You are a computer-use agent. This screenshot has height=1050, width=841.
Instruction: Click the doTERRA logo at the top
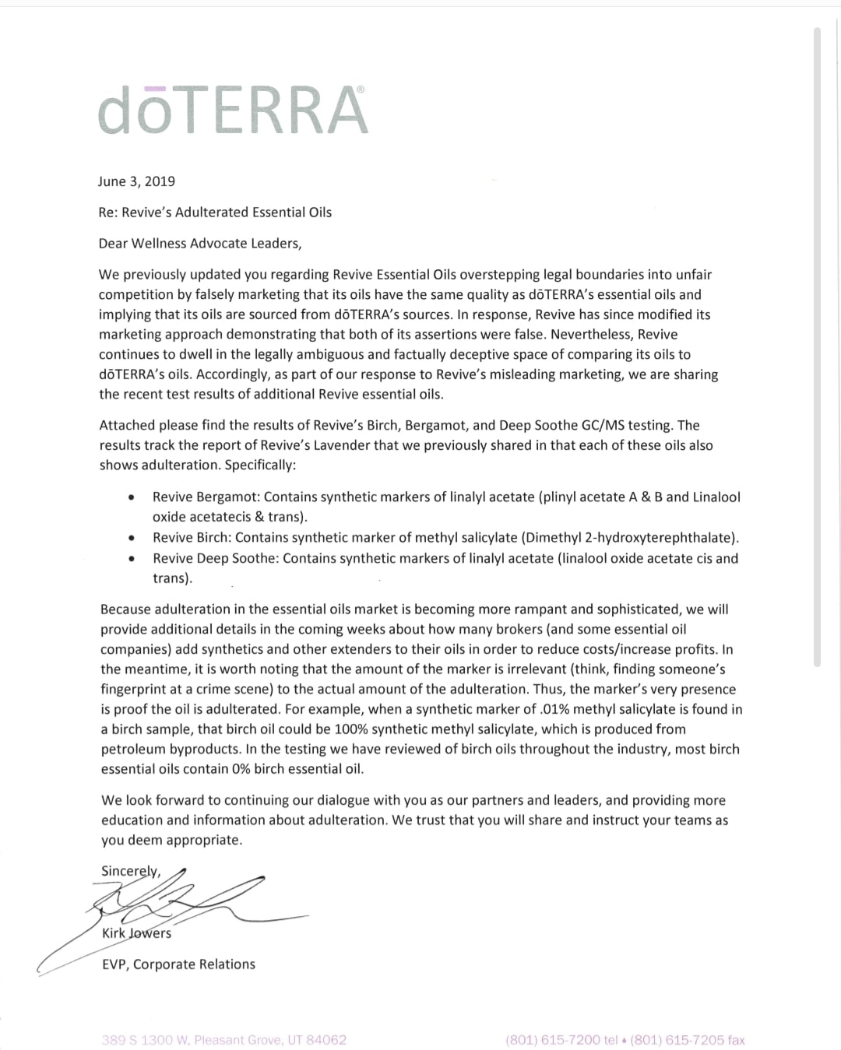pos(232,110)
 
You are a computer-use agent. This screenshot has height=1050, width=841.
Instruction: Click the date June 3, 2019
pos(136,181)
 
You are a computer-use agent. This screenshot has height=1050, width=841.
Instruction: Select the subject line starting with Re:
pos(215,212)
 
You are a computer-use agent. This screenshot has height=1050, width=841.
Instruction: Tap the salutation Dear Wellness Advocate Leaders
pos(199,244)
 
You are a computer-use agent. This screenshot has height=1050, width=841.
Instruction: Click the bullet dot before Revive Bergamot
pos(133,497)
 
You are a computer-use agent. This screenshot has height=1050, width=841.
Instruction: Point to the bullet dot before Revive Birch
pos(133,538)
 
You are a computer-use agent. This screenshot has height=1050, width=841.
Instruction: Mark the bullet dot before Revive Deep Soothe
pos(133,559)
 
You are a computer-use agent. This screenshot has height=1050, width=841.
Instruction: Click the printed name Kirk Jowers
pos(137,933)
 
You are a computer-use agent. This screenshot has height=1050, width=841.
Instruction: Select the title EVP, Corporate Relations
pos(178,964)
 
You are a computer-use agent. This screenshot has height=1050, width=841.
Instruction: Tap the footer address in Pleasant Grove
pos(224,1040)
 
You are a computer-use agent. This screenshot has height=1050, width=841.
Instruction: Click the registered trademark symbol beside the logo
pos(360,90)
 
